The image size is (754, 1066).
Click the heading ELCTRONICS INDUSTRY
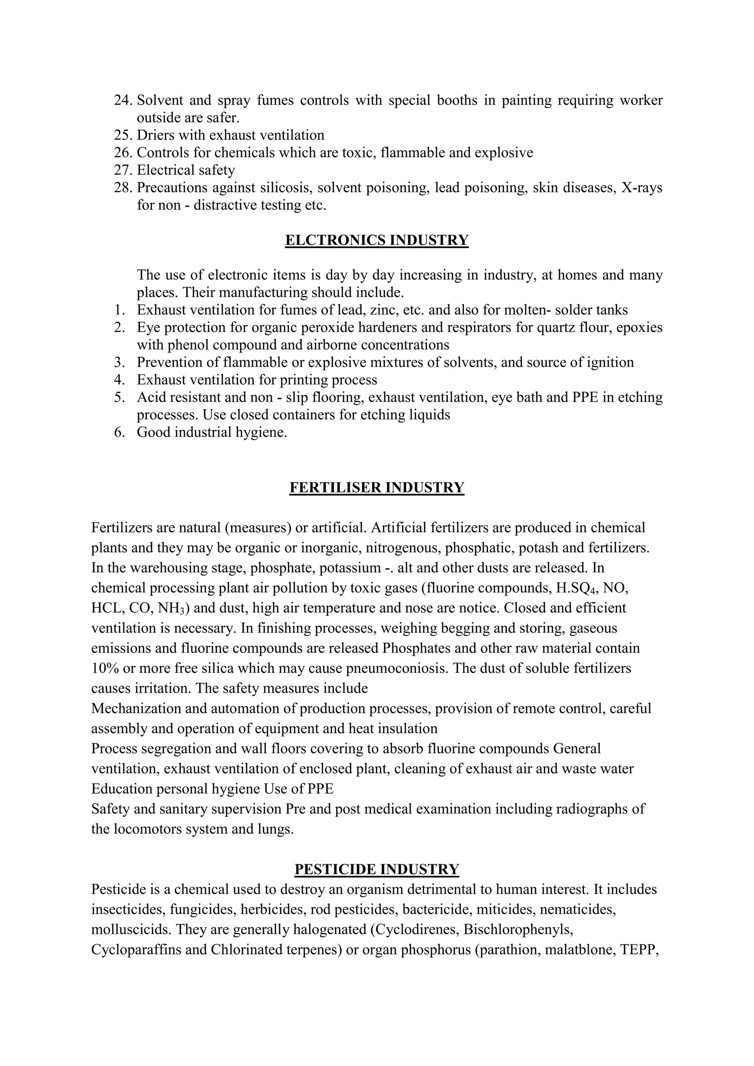[x=377, y=240]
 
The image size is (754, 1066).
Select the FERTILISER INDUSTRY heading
[x=377, y=487]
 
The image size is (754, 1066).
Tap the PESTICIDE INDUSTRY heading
[x=377, y=869]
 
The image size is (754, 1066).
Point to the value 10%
[x=104, y=668]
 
